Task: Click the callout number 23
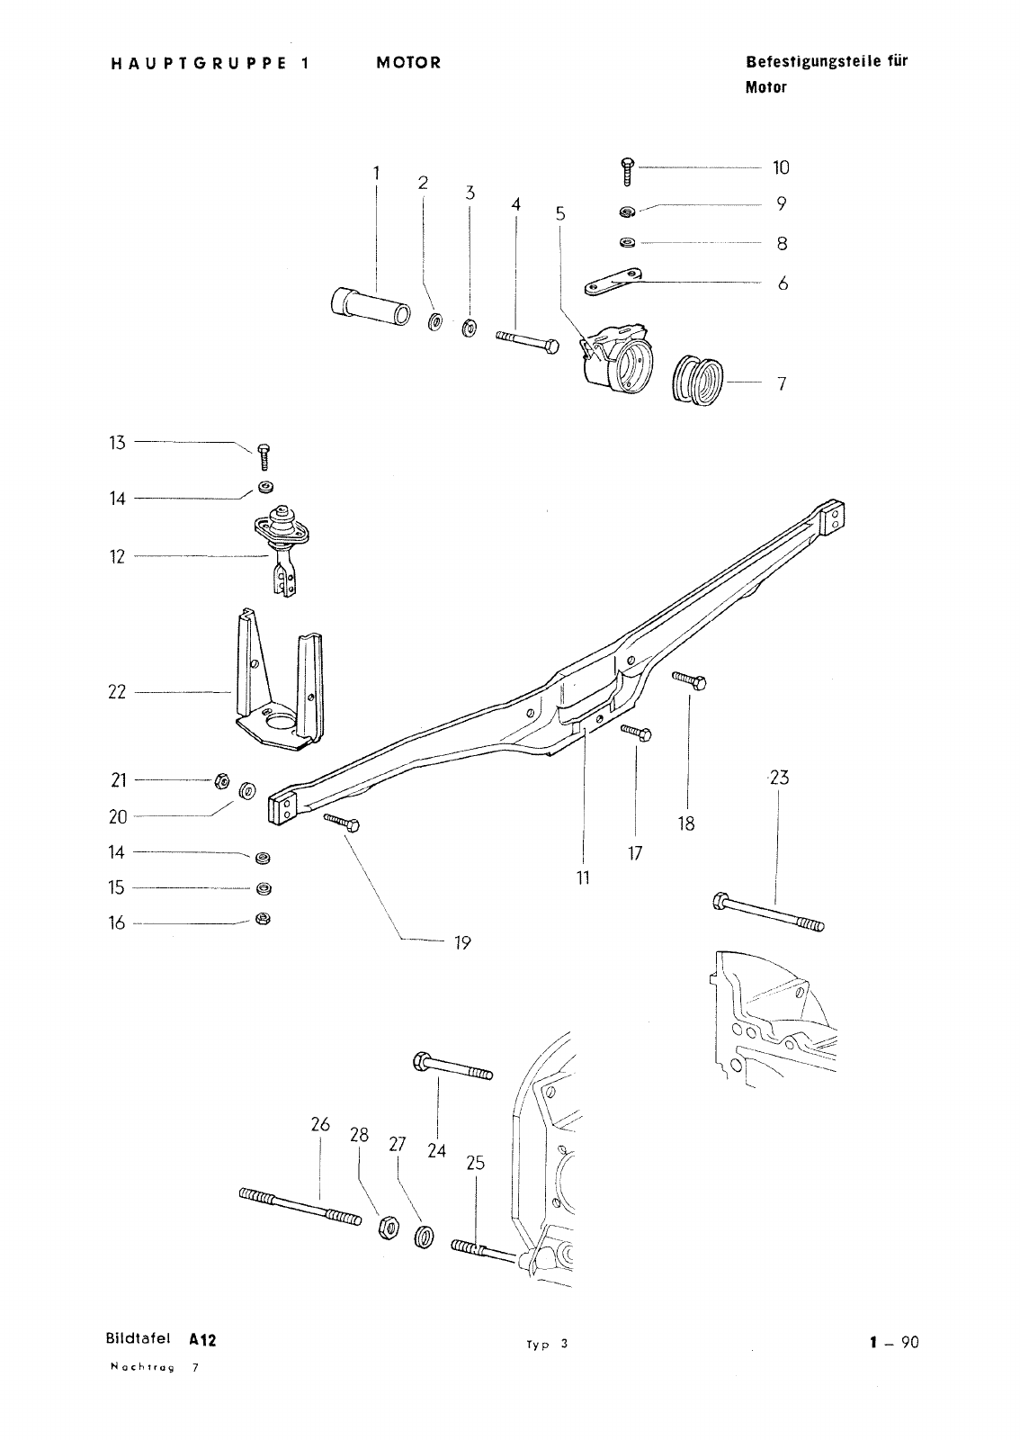(779, 778)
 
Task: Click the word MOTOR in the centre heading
(409, 63)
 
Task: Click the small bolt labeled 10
(627, 170)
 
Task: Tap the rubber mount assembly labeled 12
(283, 544)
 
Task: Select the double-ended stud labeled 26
(300, 1206)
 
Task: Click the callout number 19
(462, 943)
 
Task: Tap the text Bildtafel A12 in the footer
(160, 1340)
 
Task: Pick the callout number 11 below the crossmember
(583, 877)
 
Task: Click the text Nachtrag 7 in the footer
(153, 1367)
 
